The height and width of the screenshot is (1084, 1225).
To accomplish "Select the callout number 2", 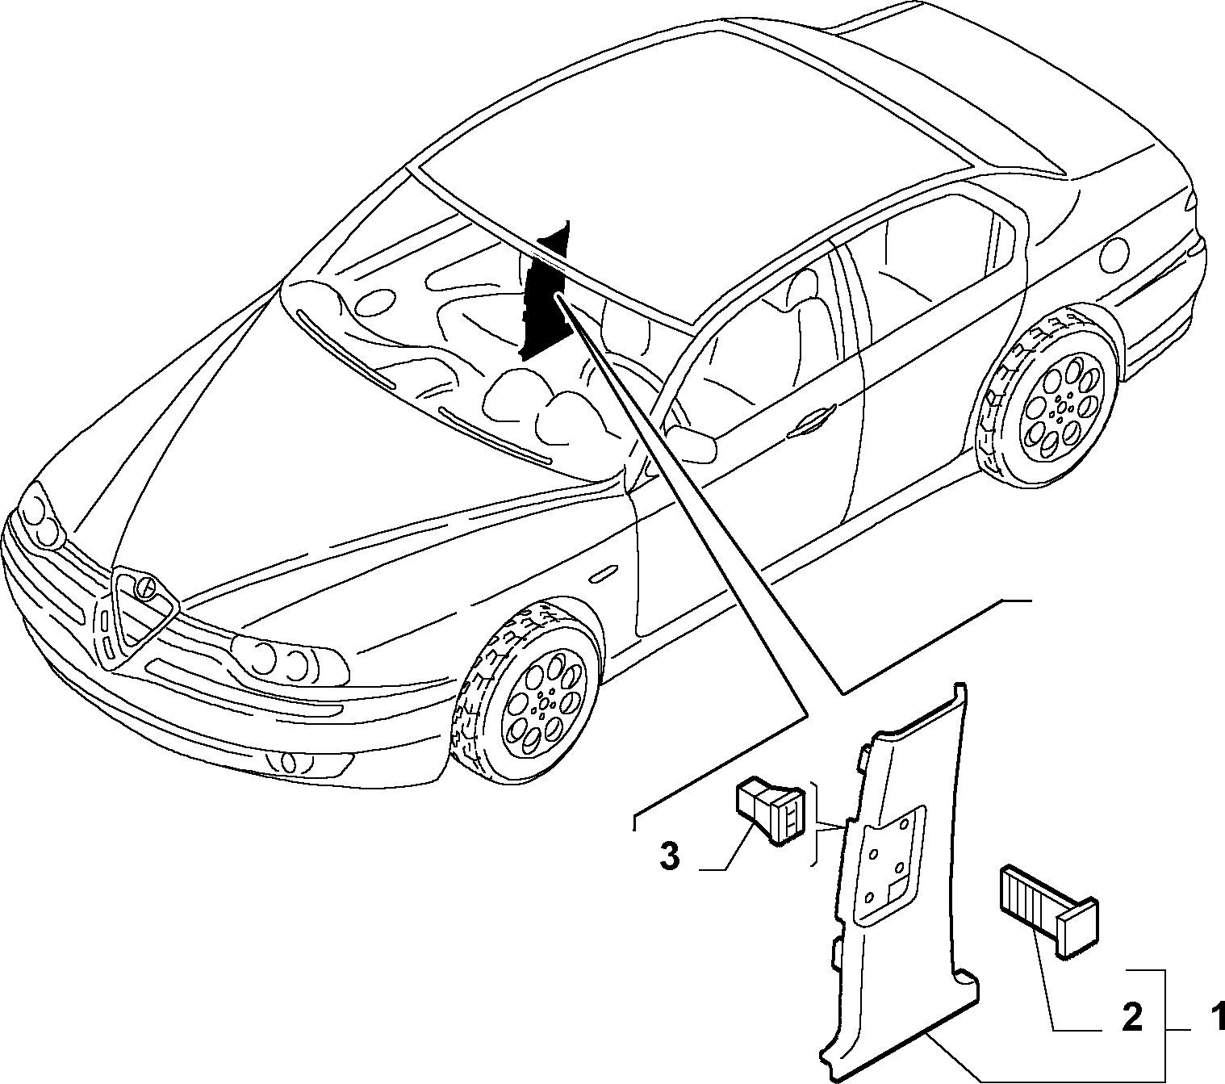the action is (x=1131, y=1018).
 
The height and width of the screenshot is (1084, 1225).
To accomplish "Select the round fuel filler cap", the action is (x=1114, y=254).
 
